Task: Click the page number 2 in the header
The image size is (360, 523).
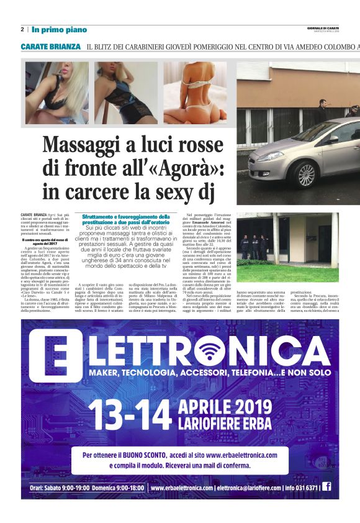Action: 22,29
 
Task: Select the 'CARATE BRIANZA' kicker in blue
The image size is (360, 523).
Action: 51,47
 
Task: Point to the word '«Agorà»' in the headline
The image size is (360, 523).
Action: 186,170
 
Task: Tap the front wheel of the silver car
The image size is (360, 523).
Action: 307,174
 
